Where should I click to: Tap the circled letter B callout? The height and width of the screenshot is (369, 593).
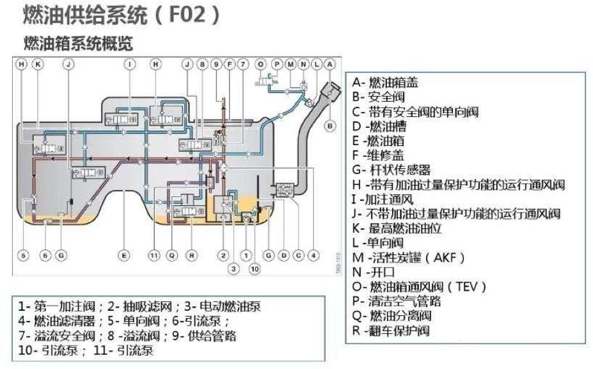point(330,126)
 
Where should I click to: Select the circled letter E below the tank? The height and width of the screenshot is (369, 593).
point(125,255)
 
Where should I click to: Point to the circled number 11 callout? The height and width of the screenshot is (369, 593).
point(154,255)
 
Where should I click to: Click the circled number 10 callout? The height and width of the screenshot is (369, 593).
point(255,269)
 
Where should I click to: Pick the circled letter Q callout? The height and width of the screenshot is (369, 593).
point(171,255)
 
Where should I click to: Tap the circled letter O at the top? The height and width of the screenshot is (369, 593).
point(260,65)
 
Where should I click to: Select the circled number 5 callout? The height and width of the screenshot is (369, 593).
point(23,255)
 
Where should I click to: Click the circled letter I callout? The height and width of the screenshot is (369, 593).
point(130,65)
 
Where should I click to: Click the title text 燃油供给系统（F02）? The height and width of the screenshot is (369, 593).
point(122,16)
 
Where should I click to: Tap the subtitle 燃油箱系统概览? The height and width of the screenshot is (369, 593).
point(77,43)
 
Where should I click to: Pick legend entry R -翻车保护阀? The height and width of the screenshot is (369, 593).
point(390,331)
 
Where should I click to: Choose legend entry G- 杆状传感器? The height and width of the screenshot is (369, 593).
point(391,170)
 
